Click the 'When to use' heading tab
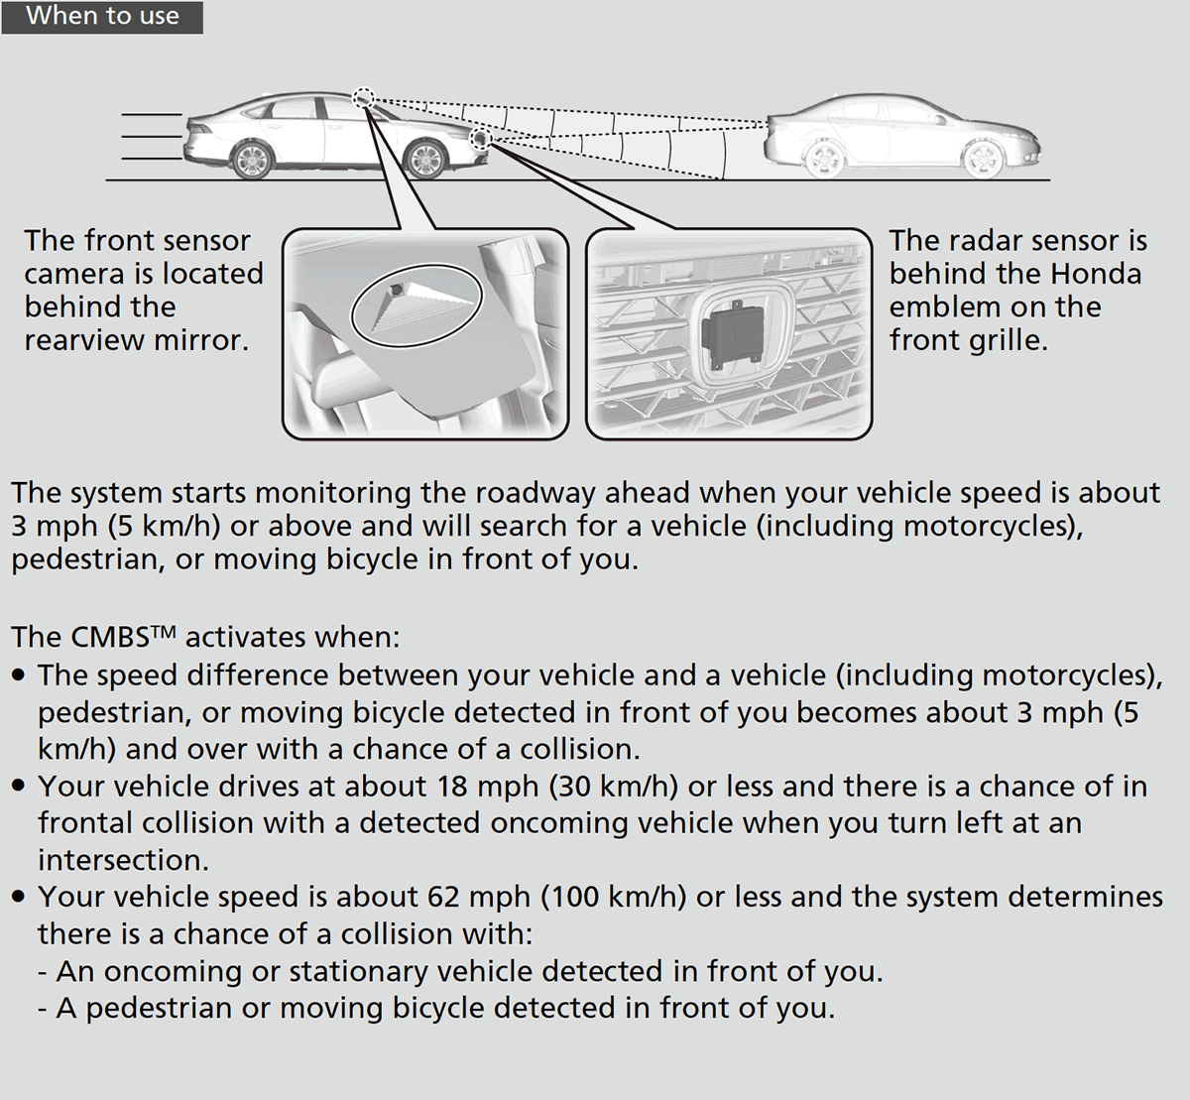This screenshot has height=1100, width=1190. pos(102,17)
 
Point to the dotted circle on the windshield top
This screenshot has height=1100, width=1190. pos(364,97)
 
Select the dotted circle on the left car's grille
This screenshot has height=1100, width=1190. pos(481,138)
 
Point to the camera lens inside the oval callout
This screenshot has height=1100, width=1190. pos(397,290)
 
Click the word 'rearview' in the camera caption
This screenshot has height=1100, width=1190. pos(83,340)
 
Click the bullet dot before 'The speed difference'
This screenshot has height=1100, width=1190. pos(20,675)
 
